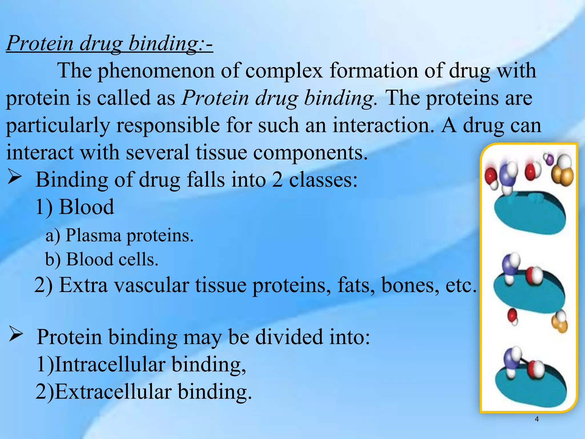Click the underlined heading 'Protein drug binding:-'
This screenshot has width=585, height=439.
pos(109,43)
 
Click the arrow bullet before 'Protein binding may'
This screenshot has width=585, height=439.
pos(16,334)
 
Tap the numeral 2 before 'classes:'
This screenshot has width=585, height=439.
pos(277,180)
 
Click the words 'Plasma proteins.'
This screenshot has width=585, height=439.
pos(129,236)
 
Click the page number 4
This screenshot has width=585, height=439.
pos(536,419)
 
